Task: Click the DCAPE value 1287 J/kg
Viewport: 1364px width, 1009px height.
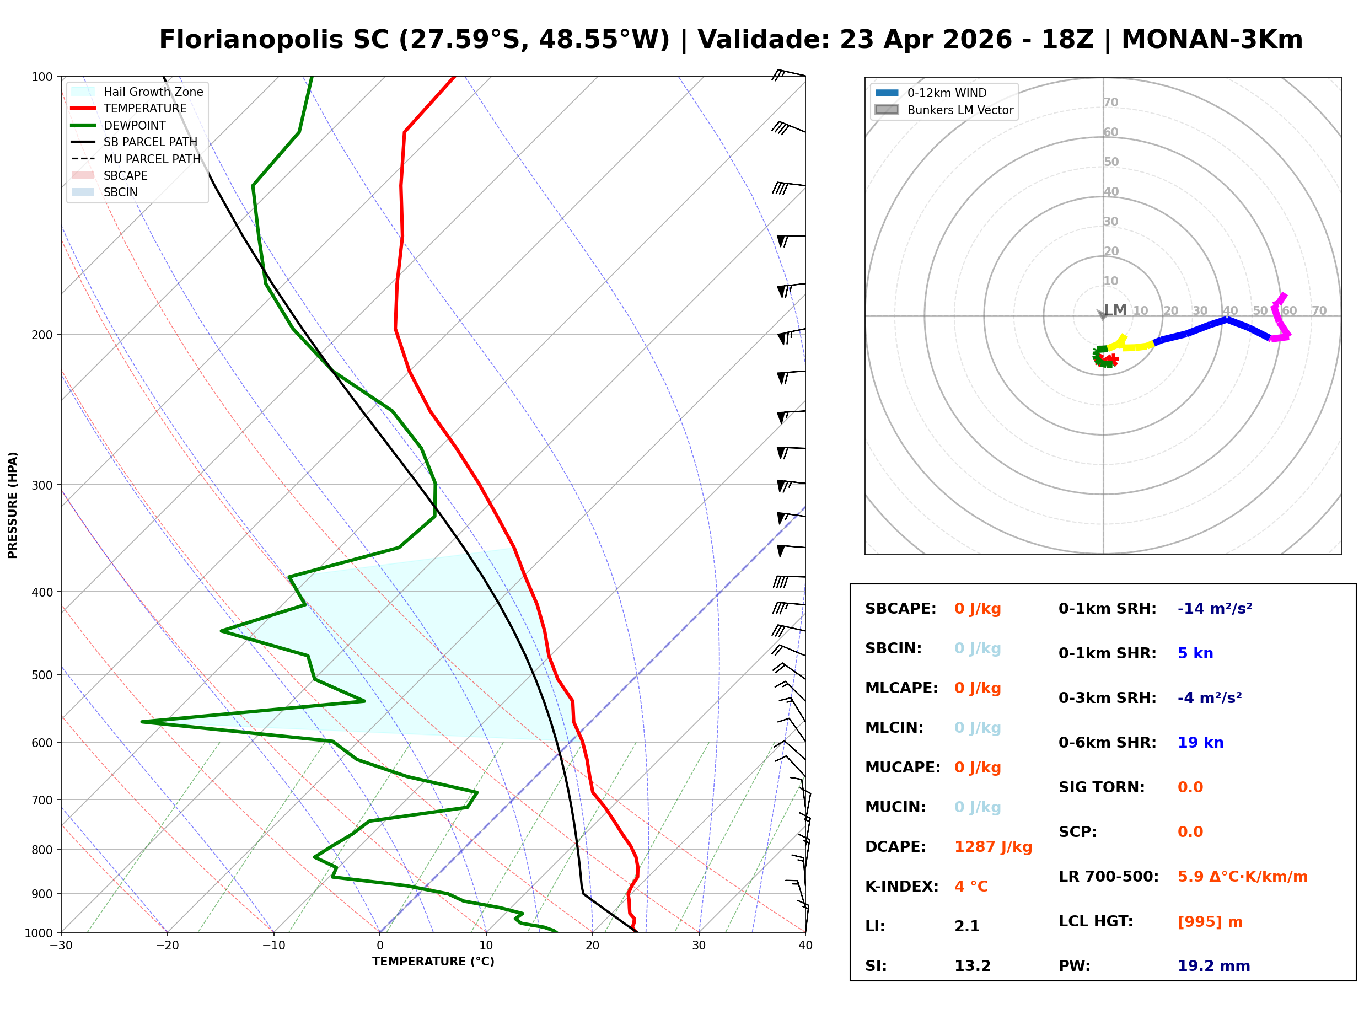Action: point(992,846)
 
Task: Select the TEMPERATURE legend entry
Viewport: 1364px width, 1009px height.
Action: point(144,109)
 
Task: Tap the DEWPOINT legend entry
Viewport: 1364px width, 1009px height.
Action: point(135,125)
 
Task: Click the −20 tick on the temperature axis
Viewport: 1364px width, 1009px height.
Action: point(167,946)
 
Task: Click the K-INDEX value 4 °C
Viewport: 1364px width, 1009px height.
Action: point(970,886)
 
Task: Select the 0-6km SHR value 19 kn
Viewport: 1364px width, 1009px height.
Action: point(1200,743)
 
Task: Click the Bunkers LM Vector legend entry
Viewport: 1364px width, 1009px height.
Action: point(959,110)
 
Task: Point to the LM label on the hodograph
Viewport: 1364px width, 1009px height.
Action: point(1115,310)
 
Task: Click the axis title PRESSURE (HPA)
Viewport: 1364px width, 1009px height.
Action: point(13,504)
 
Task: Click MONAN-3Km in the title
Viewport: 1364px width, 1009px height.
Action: point(1211,40)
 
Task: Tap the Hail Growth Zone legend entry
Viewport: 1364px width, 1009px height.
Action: point(153,92)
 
